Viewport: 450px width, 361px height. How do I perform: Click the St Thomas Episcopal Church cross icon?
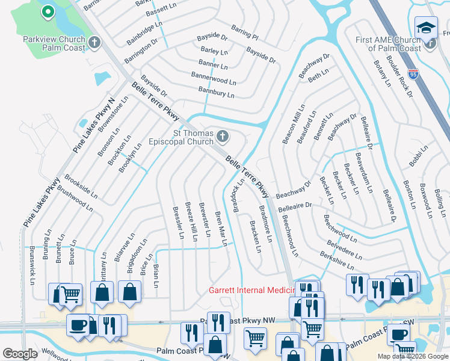pos(223,137)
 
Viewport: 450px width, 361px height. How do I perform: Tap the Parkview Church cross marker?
pos(94,42)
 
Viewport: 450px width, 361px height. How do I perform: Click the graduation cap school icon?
pos(426,27)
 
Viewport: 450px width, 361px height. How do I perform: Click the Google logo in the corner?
pos(20,354)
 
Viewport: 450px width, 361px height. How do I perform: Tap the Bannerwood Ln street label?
pos(214,79)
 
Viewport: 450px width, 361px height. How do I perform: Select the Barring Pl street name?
pos(244,32)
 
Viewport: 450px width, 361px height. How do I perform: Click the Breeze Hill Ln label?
pos(191,222)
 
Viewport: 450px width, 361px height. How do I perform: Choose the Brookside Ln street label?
pos(81,185)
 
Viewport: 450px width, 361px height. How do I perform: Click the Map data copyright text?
pos(412,356)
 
